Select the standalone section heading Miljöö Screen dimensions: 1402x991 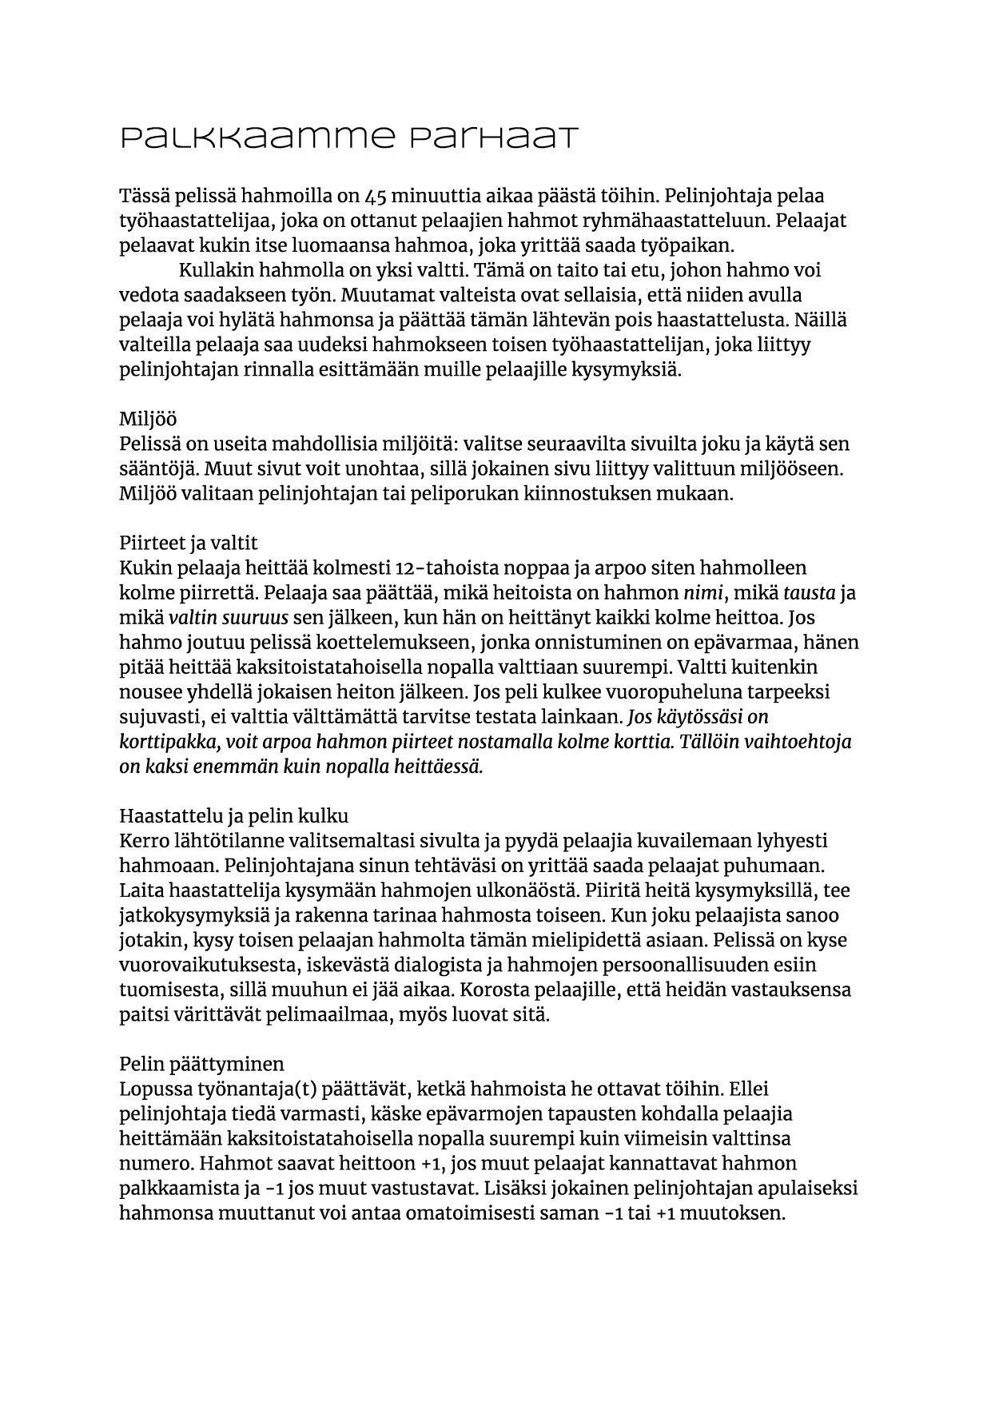click(149, 420)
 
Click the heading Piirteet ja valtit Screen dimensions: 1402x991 click(189, 544)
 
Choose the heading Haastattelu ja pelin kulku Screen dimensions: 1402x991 click(234, 816)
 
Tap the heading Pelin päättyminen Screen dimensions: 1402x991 click(202, 1064)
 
